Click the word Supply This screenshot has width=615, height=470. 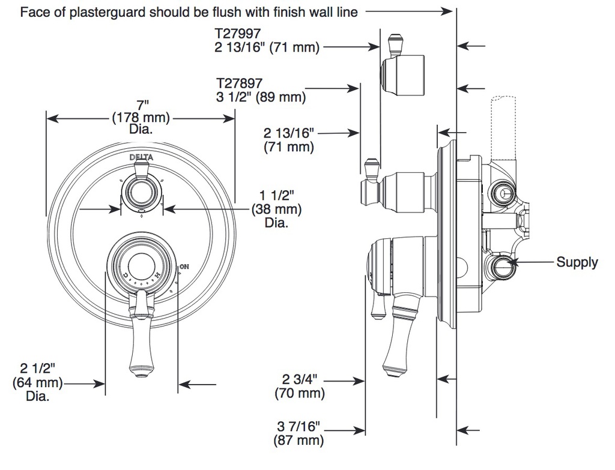tap(577, 263)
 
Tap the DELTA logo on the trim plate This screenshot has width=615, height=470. tap(141, 158)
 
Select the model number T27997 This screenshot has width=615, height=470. tap(238, 33)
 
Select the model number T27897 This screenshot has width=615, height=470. tap(239, 83)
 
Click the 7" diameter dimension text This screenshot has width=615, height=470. tap(141, 117)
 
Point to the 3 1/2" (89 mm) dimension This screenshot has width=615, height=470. tap(261, 97)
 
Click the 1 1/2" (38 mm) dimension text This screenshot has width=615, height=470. tap(276, 209)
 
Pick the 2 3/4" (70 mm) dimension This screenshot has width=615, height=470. tap(300, 386)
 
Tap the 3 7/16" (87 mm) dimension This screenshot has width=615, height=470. tap(299, 433)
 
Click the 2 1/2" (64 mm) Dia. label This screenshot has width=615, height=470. tap(38, 382)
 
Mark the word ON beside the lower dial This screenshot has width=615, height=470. tap(184, 267)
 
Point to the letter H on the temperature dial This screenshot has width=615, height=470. tap(157, 274)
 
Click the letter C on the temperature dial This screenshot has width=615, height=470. tap(125, 274)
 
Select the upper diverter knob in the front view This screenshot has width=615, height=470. tap(141, 193)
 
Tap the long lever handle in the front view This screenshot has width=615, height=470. tap(141, 334)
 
